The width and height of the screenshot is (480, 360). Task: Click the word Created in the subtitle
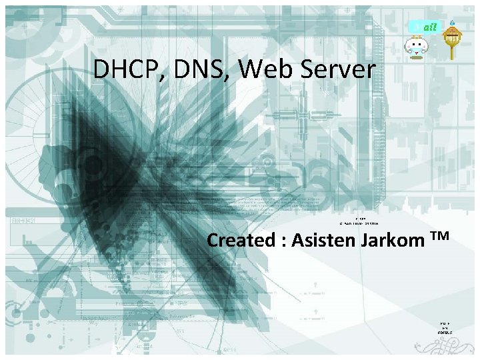coord(242,240)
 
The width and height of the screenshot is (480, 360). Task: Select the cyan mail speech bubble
coord(424,27)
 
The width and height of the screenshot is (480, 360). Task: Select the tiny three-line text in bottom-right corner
coord(445,327)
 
